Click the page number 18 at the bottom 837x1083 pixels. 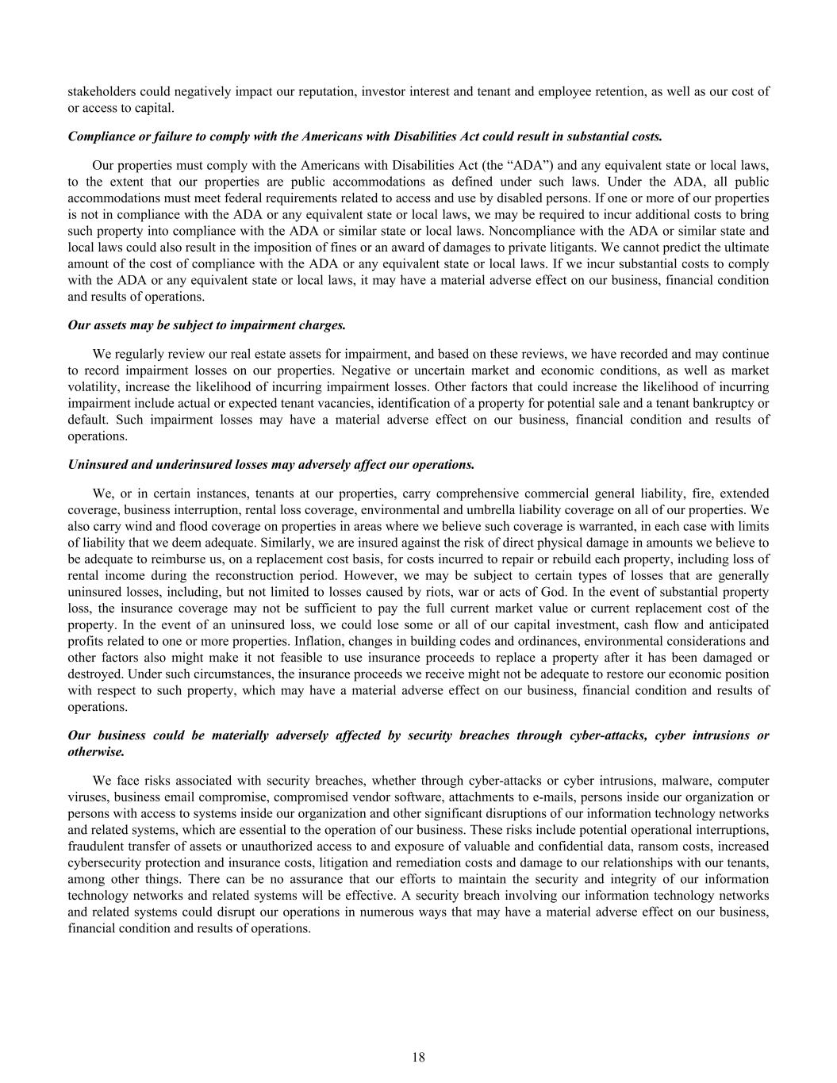click(x=418, y=1057)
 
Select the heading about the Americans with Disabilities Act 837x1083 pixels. click(x=365, y=136)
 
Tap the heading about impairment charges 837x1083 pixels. click(x=207, y=325)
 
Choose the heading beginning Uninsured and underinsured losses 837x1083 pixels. click(x=271, y=464)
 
